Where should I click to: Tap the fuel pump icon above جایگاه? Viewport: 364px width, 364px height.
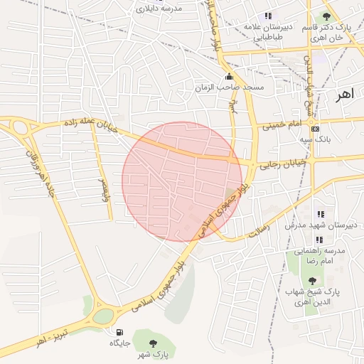(117, 331)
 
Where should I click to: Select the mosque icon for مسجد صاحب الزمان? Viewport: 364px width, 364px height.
(228, 77)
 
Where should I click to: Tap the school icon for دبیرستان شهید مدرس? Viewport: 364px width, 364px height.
(321, 213)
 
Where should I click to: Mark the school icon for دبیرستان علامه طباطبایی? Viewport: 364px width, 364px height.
(267, 16)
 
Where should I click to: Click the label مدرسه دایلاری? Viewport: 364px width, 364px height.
(159, 9)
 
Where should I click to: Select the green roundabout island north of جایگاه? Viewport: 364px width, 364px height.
(102, 315)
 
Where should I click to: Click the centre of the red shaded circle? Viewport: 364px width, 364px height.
(182, 182)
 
